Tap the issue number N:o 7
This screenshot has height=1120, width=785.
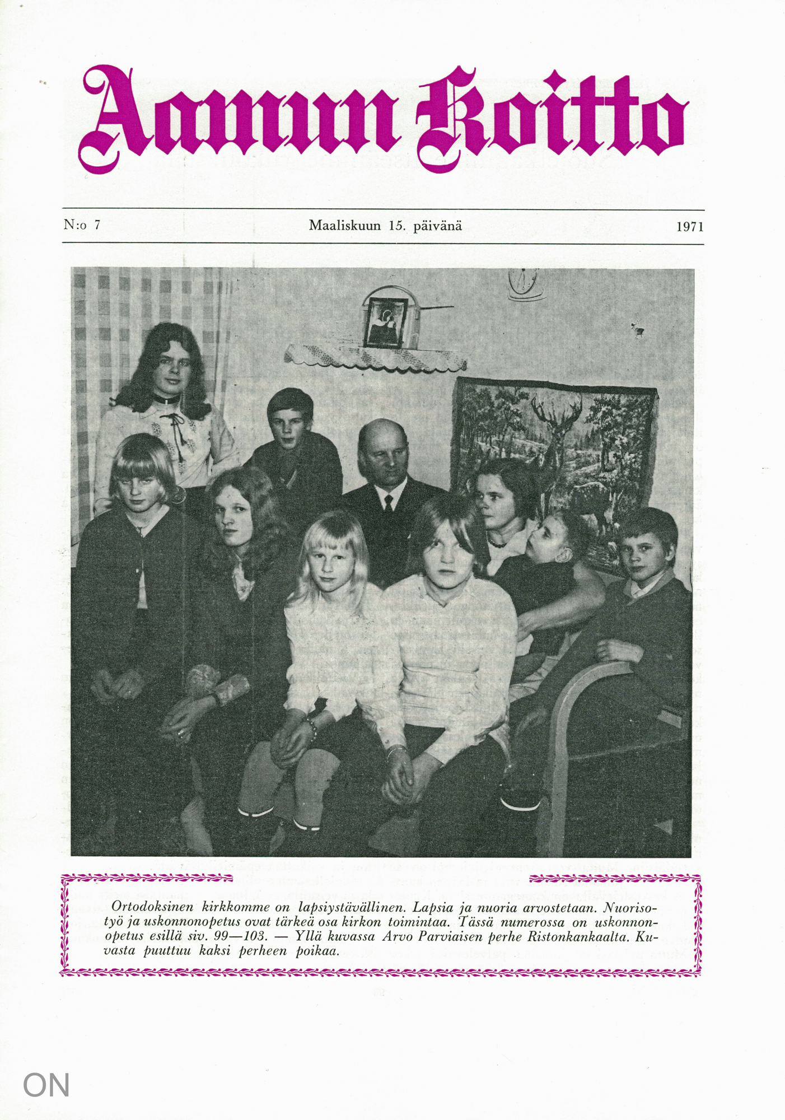82,225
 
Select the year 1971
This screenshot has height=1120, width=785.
689,227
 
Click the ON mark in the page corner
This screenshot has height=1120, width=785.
46,1085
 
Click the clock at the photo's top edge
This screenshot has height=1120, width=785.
525,283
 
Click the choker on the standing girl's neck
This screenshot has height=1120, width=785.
164,400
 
